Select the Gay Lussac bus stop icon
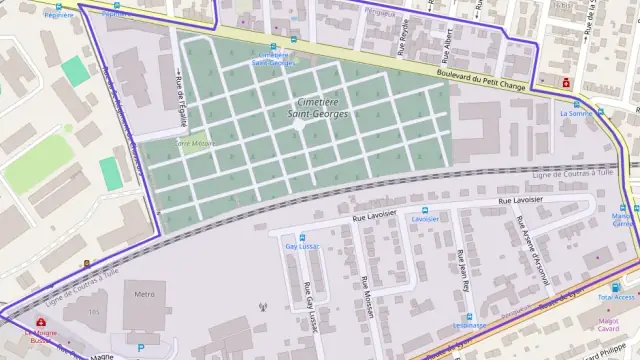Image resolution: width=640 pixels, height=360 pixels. pos(302,236)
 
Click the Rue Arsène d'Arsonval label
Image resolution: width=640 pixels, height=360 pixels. pos(531,251)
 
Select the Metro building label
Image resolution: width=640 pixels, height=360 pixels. pos(144,295)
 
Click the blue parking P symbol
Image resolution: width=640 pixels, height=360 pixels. pos(140,347)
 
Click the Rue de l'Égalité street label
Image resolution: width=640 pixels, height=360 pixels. pos(182,103)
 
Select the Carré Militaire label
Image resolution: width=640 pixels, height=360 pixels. pos(195,144)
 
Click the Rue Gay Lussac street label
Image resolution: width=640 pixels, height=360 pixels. pos(308,302)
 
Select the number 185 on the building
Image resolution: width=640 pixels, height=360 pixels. pos(96,312)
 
